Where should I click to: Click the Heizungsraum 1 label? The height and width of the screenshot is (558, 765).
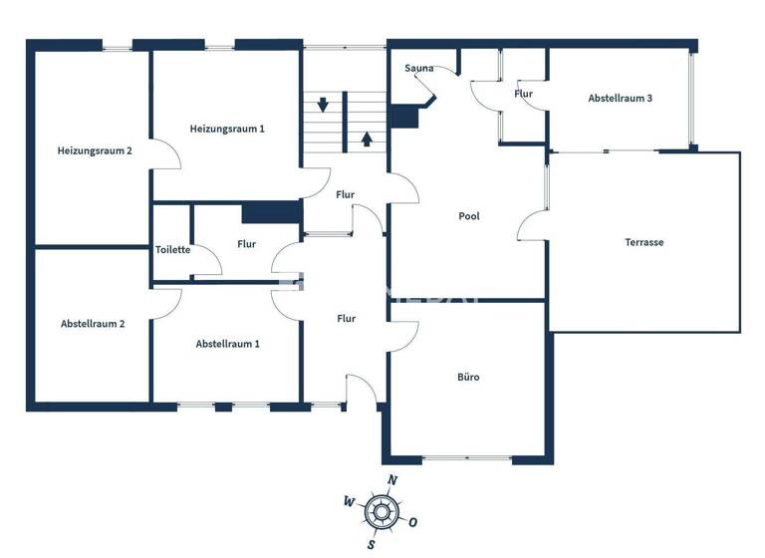227,129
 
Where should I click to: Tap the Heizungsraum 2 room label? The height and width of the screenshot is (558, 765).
95,150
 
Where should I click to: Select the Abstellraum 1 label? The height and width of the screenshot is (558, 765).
227,344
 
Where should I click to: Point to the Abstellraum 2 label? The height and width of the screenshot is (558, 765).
93,324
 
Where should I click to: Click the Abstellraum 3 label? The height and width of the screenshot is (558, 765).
620,99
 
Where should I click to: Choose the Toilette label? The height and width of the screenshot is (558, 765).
172,250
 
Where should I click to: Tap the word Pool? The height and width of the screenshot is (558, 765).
470,216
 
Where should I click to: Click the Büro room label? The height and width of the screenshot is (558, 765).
468,378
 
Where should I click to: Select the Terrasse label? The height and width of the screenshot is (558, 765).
643,242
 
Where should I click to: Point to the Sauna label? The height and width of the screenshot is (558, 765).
418,68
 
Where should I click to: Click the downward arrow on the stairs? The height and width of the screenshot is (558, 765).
324,104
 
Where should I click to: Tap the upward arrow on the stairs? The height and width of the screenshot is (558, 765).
367,138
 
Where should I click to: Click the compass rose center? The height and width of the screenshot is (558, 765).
380,513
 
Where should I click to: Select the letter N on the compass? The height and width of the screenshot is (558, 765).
392,480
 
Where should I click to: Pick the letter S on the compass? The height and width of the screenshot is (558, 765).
370,545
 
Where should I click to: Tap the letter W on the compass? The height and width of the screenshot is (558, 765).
348,500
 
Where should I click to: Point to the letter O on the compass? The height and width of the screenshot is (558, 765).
412,522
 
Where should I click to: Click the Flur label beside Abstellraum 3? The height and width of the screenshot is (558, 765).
524,94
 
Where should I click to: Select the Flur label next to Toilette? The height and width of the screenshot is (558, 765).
246,244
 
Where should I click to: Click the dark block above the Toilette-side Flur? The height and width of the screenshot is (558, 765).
271,212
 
